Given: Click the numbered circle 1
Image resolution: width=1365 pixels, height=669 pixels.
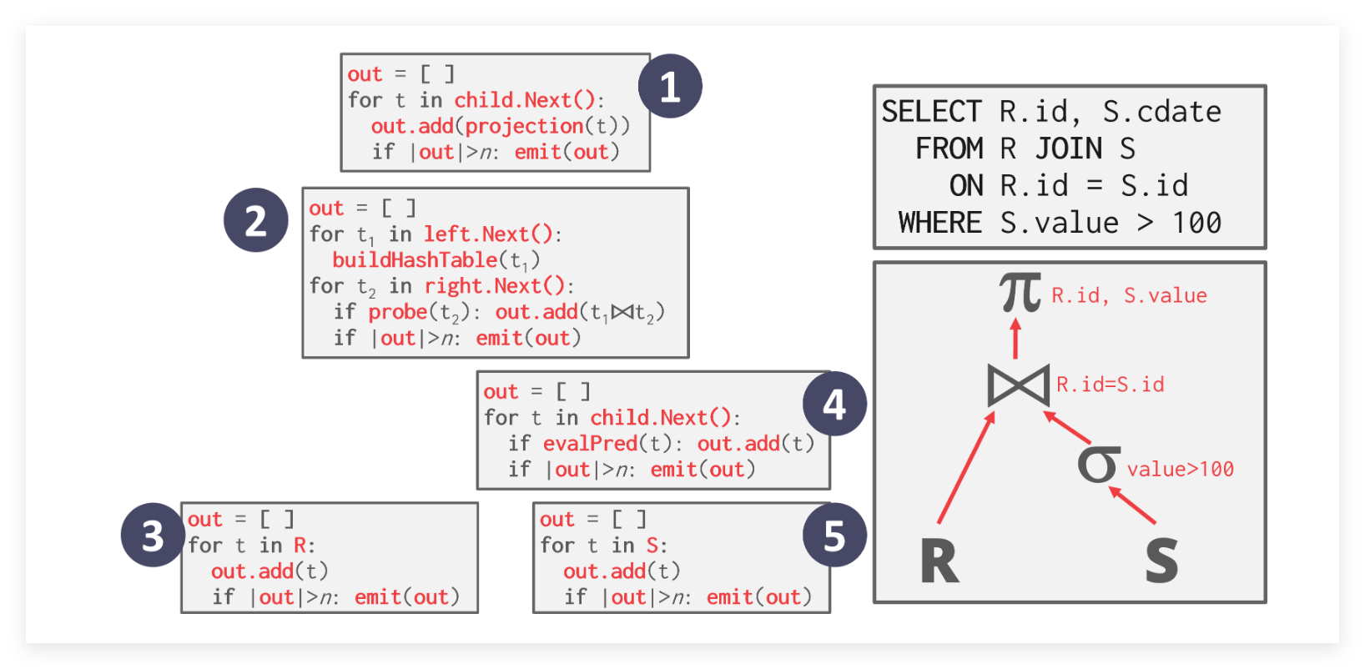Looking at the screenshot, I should pos(670,86).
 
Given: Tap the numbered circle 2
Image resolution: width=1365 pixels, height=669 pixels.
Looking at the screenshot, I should pos(255,220).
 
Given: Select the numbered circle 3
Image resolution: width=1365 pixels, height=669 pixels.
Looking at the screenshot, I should pos(153,536).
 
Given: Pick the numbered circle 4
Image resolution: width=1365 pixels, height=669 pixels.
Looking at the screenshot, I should pos(834,405).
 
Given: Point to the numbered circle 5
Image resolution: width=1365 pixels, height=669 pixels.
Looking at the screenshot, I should pos(834,536).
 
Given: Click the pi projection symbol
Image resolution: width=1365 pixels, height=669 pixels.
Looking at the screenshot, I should pos(1020,293).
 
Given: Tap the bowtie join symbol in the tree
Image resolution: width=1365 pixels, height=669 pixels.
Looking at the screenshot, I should pos(1018,385).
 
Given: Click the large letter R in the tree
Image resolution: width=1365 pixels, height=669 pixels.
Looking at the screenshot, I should pos(939,561).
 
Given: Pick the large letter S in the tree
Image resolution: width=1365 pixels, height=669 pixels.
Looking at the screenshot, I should pos(1161,561).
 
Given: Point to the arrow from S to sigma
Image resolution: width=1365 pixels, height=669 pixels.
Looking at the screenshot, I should pos(1132,505).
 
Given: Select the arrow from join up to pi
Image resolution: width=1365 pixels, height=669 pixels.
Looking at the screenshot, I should pos(1015,338).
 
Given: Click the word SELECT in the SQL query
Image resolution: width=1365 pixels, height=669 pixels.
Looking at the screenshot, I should pos(931,112).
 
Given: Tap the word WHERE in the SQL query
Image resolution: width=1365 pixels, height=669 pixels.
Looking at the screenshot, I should pos(939,223).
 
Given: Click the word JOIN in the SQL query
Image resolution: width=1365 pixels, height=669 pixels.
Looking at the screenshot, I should pos(1069,148).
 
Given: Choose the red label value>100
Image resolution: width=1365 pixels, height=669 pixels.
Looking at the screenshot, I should pos(1180,469).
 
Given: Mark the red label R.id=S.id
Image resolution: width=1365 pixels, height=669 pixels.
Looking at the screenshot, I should pos(1110,385).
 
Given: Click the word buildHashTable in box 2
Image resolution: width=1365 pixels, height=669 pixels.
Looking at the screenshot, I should pos(415,260).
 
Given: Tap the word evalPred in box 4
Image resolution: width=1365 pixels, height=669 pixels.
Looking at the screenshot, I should pos(590,444).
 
